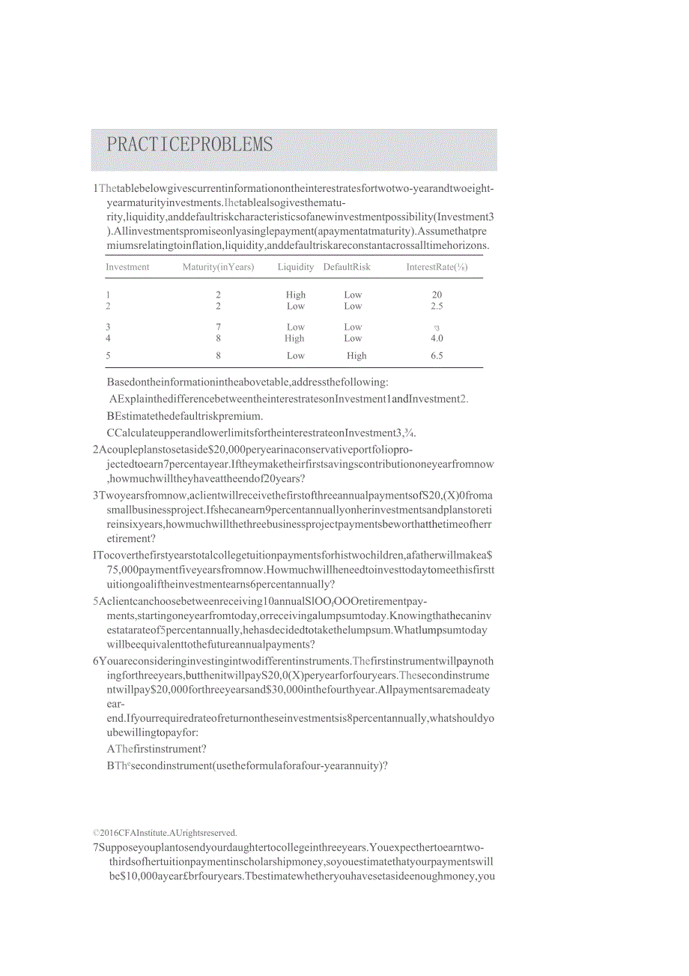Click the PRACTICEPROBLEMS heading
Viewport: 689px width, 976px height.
(x=189, y=145)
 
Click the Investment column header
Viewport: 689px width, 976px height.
(x=127, y=267)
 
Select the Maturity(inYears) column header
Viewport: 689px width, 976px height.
(x=218, y=267)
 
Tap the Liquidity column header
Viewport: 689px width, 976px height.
(x=296, y=267)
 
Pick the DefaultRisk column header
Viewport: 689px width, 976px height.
(x=347, y=267)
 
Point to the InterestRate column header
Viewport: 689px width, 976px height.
(x=437, y=267)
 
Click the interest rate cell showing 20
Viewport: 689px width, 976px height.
(x=437, y=295)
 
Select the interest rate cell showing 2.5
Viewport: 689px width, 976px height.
(x=437, y=306)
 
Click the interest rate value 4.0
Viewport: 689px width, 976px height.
(x=437, y=338)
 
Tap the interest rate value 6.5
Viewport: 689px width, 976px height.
(x=437, y=355)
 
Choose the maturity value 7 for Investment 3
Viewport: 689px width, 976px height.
(x=218, y=327)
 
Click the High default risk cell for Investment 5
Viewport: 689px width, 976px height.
(x=356, y=355)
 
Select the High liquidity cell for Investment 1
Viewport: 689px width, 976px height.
(x=295, y=295)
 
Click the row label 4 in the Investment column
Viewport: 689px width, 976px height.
(x=108, y=338)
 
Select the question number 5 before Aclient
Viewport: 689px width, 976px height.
(x=96, y=601)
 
